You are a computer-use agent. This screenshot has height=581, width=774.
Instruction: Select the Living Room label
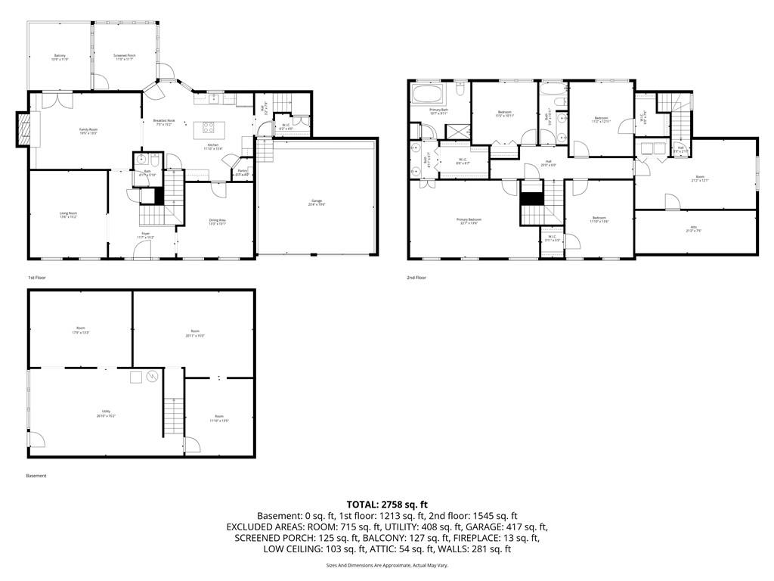coord(69,216)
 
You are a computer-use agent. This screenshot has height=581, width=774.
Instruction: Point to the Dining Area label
coord(218,222)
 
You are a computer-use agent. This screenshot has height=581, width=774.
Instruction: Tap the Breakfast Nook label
coord(164,123)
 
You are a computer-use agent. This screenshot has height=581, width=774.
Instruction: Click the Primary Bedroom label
coord(469,221)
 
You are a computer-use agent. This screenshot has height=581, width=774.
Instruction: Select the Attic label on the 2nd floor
coord(694,228)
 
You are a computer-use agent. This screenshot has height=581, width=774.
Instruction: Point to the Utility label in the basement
coord(106,413)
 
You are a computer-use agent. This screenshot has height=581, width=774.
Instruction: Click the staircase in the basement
coord(174,416)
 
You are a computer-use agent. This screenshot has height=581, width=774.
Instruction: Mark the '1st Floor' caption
coord(36,278)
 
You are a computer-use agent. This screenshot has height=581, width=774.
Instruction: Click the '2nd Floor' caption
coord(416,278)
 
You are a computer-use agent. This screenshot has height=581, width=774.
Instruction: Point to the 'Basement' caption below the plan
coord(36,476)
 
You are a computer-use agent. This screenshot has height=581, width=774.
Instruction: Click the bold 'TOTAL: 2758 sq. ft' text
coord(387,504)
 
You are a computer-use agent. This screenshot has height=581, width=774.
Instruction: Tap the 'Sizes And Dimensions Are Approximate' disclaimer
coord(387,565)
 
